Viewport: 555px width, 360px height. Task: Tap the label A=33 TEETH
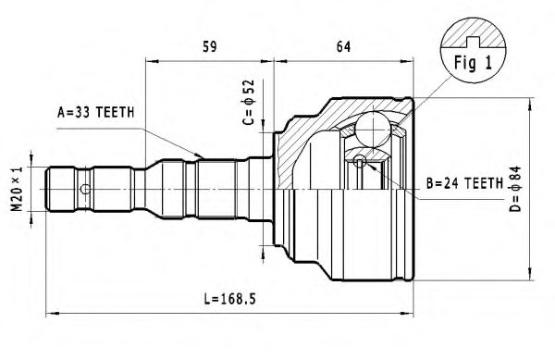[95, 112]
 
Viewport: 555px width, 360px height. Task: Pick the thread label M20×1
[16, 188]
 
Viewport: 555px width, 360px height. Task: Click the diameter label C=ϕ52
[247, 104]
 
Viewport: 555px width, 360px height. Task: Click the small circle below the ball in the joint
[361, 163]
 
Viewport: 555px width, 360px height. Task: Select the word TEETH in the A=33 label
[116, 112]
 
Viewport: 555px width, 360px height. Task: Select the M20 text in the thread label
[16, 197]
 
